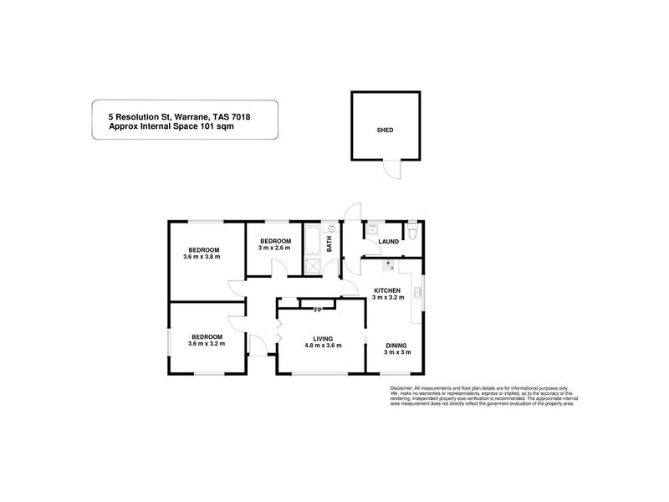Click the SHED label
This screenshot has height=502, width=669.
(x=385, y=131)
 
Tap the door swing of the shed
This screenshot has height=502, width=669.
(x=392, y=170)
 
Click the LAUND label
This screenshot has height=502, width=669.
(x=388, y=242)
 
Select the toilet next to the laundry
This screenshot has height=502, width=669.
(x=413, y=231)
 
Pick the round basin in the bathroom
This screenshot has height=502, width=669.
(x=332, y=228)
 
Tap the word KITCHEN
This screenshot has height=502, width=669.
(x=388, y=289)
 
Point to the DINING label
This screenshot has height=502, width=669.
(x=396, y=345)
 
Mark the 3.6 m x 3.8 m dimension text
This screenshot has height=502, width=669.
(x=204, y=258)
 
